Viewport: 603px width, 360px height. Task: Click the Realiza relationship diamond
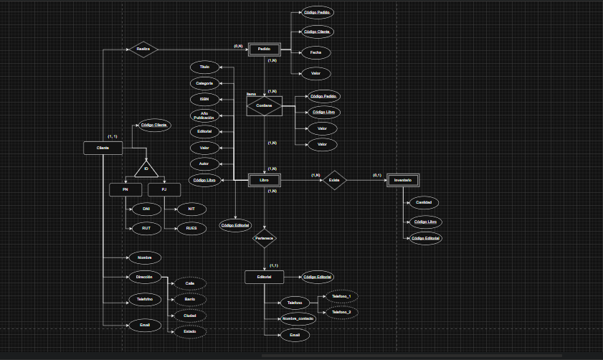[143, 49]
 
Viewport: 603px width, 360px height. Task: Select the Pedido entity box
[264, 49]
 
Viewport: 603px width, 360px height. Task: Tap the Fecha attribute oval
[315, 52]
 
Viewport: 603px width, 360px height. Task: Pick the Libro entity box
[264, 180]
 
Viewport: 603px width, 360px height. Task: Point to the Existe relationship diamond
[334, 180]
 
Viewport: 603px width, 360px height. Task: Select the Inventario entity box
[402, 180]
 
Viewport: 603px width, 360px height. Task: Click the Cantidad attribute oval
[424, 203]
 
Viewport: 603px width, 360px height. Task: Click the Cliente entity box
[103, 148]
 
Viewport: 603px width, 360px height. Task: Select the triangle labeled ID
[146, 170]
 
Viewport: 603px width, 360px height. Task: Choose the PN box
[125, 190]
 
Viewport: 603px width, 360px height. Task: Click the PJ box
[164, 190]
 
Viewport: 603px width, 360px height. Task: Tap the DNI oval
[146, 209]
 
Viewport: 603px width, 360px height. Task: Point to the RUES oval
[191, 228]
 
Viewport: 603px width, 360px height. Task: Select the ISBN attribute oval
[204, 99]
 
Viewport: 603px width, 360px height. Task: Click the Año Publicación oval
[204, 115]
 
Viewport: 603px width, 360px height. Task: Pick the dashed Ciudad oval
[190, 316]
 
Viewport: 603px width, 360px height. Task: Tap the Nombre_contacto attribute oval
[298, 318]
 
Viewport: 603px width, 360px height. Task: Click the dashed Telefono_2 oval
[341, 313]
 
